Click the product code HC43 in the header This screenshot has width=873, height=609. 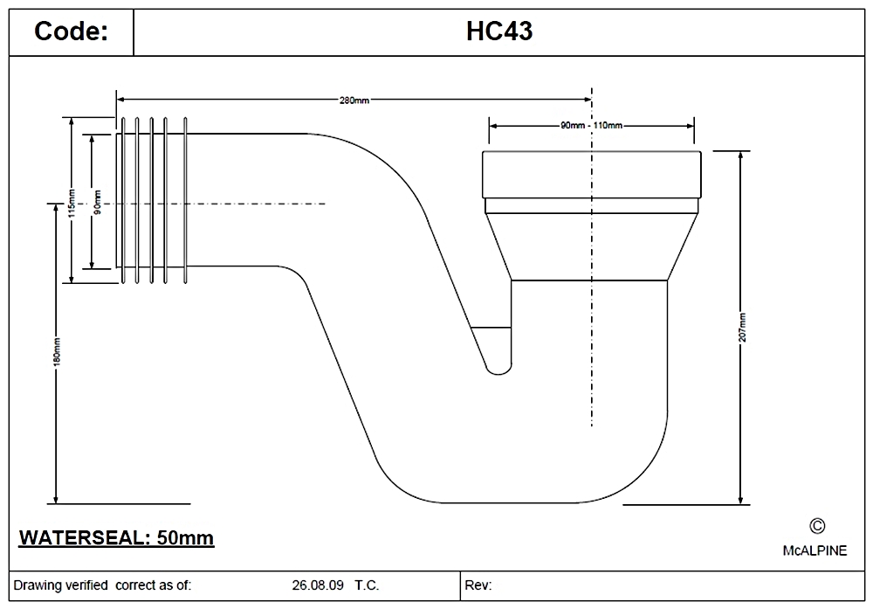(499, 31)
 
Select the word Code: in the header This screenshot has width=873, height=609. (71, 31)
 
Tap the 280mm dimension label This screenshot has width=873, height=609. (354, 100)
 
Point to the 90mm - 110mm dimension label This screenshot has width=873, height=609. (591, 125)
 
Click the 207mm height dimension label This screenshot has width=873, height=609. (742, 327)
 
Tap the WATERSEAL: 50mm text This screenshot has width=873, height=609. (116, 536)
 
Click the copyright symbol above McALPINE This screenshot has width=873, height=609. (817, 525)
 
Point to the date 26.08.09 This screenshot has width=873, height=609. (316, 585)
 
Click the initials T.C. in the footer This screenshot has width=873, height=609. (367, 585)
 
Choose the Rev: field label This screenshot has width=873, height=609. (479, 585)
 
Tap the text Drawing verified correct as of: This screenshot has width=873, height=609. (102, 585)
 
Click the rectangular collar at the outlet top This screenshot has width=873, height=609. (591, 175)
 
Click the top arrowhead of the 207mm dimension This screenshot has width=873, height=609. (742, 156)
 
